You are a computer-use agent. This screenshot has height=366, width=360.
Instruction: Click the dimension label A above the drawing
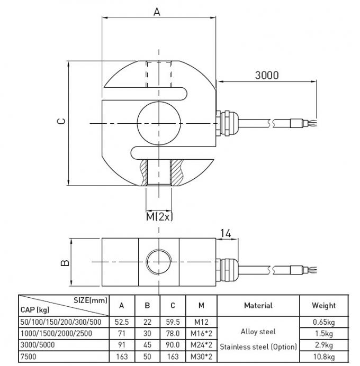157,11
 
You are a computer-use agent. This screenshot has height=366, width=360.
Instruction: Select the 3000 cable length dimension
266,75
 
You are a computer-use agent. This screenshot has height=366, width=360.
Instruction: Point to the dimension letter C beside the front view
61,121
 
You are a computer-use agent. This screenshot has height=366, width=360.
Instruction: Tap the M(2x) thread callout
159,216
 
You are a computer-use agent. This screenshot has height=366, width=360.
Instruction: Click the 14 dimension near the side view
226,232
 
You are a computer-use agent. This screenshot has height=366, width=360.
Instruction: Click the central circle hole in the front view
158,123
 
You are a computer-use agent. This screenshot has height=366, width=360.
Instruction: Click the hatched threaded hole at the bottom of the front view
159,172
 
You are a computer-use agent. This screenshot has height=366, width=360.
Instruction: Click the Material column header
258,305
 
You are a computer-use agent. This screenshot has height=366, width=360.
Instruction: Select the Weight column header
323,305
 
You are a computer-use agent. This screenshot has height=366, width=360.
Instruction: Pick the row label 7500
29,356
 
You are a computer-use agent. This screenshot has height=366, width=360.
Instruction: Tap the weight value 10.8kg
323,356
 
